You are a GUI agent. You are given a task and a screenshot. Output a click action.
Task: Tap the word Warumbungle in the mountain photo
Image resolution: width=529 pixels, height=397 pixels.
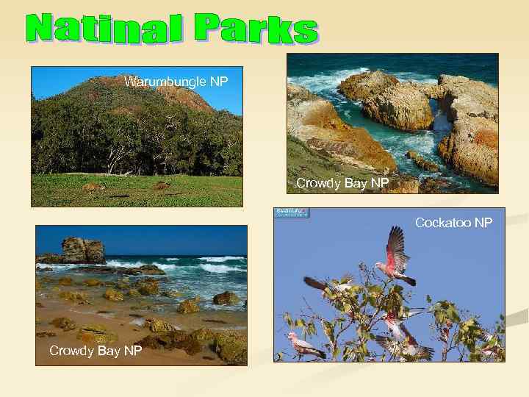pos(165,82)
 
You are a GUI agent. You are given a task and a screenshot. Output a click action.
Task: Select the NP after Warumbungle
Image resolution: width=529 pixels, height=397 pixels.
pos(219,82)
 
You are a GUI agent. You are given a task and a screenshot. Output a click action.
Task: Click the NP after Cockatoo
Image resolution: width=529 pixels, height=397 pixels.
pos(483,222)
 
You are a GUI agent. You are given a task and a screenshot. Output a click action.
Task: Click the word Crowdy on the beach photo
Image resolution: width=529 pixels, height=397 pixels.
pos(70,351)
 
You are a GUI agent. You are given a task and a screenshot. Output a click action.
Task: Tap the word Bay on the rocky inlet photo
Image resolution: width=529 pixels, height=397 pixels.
pos(353,182)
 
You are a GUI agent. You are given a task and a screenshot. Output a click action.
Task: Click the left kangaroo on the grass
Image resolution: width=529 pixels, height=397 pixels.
pos(94,187)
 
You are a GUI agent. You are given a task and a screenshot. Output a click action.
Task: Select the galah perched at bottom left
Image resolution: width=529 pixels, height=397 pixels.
pos(305,343)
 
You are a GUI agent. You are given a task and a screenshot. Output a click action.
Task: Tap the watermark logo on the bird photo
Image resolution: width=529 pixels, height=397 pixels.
pos(292,212)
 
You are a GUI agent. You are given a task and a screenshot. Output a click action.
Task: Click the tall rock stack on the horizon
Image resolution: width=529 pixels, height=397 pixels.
pos(82,250)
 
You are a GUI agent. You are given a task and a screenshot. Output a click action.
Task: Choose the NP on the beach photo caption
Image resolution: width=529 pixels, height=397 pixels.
pos(131,351)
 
